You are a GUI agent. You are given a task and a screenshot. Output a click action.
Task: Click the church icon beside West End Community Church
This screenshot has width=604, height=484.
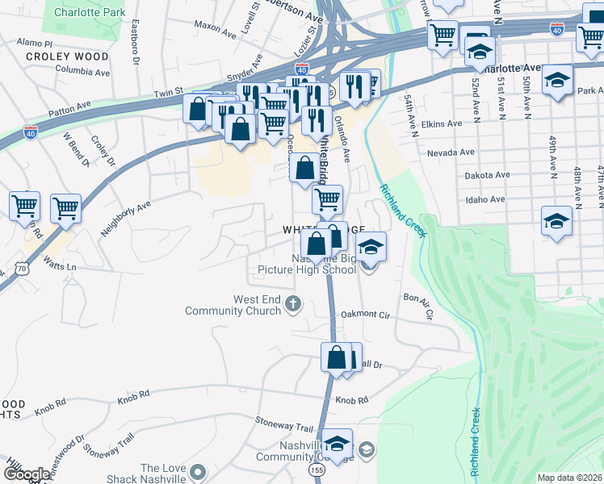pyautogui.click(x=292, y=305)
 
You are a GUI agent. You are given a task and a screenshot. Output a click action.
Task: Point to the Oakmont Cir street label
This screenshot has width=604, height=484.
pyautogui.click(x=365, y=315)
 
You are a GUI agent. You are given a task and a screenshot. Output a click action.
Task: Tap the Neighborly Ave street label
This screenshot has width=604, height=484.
pyautogui.click(x=125, y=218)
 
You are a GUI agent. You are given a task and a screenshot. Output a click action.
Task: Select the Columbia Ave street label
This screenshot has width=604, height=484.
pyautogui.click(x=84, y=72)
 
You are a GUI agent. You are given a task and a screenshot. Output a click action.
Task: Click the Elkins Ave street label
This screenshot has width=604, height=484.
pyautogui.click(x=443, y=123)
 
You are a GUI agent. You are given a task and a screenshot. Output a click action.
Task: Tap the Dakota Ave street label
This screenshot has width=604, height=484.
pyautogui.click(x=487, y=175)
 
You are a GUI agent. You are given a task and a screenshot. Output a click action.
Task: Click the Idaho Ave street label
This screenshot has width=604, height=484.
pyautogui.click(x=484, y=199)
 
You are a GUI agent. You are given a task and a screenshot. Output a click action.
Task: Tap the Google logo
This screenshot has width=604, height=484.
pyautogui.click(x=27, y=474)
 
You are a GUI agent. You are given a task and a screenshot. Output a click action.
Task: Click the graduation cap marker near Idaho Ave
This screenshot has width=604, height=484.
pyautogui.click(x=556, y=221)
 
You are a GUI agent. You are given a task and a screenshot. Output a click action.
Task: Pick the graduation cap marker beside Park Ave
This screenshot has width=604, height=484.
pyautogui.click(x=556, y=80)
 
